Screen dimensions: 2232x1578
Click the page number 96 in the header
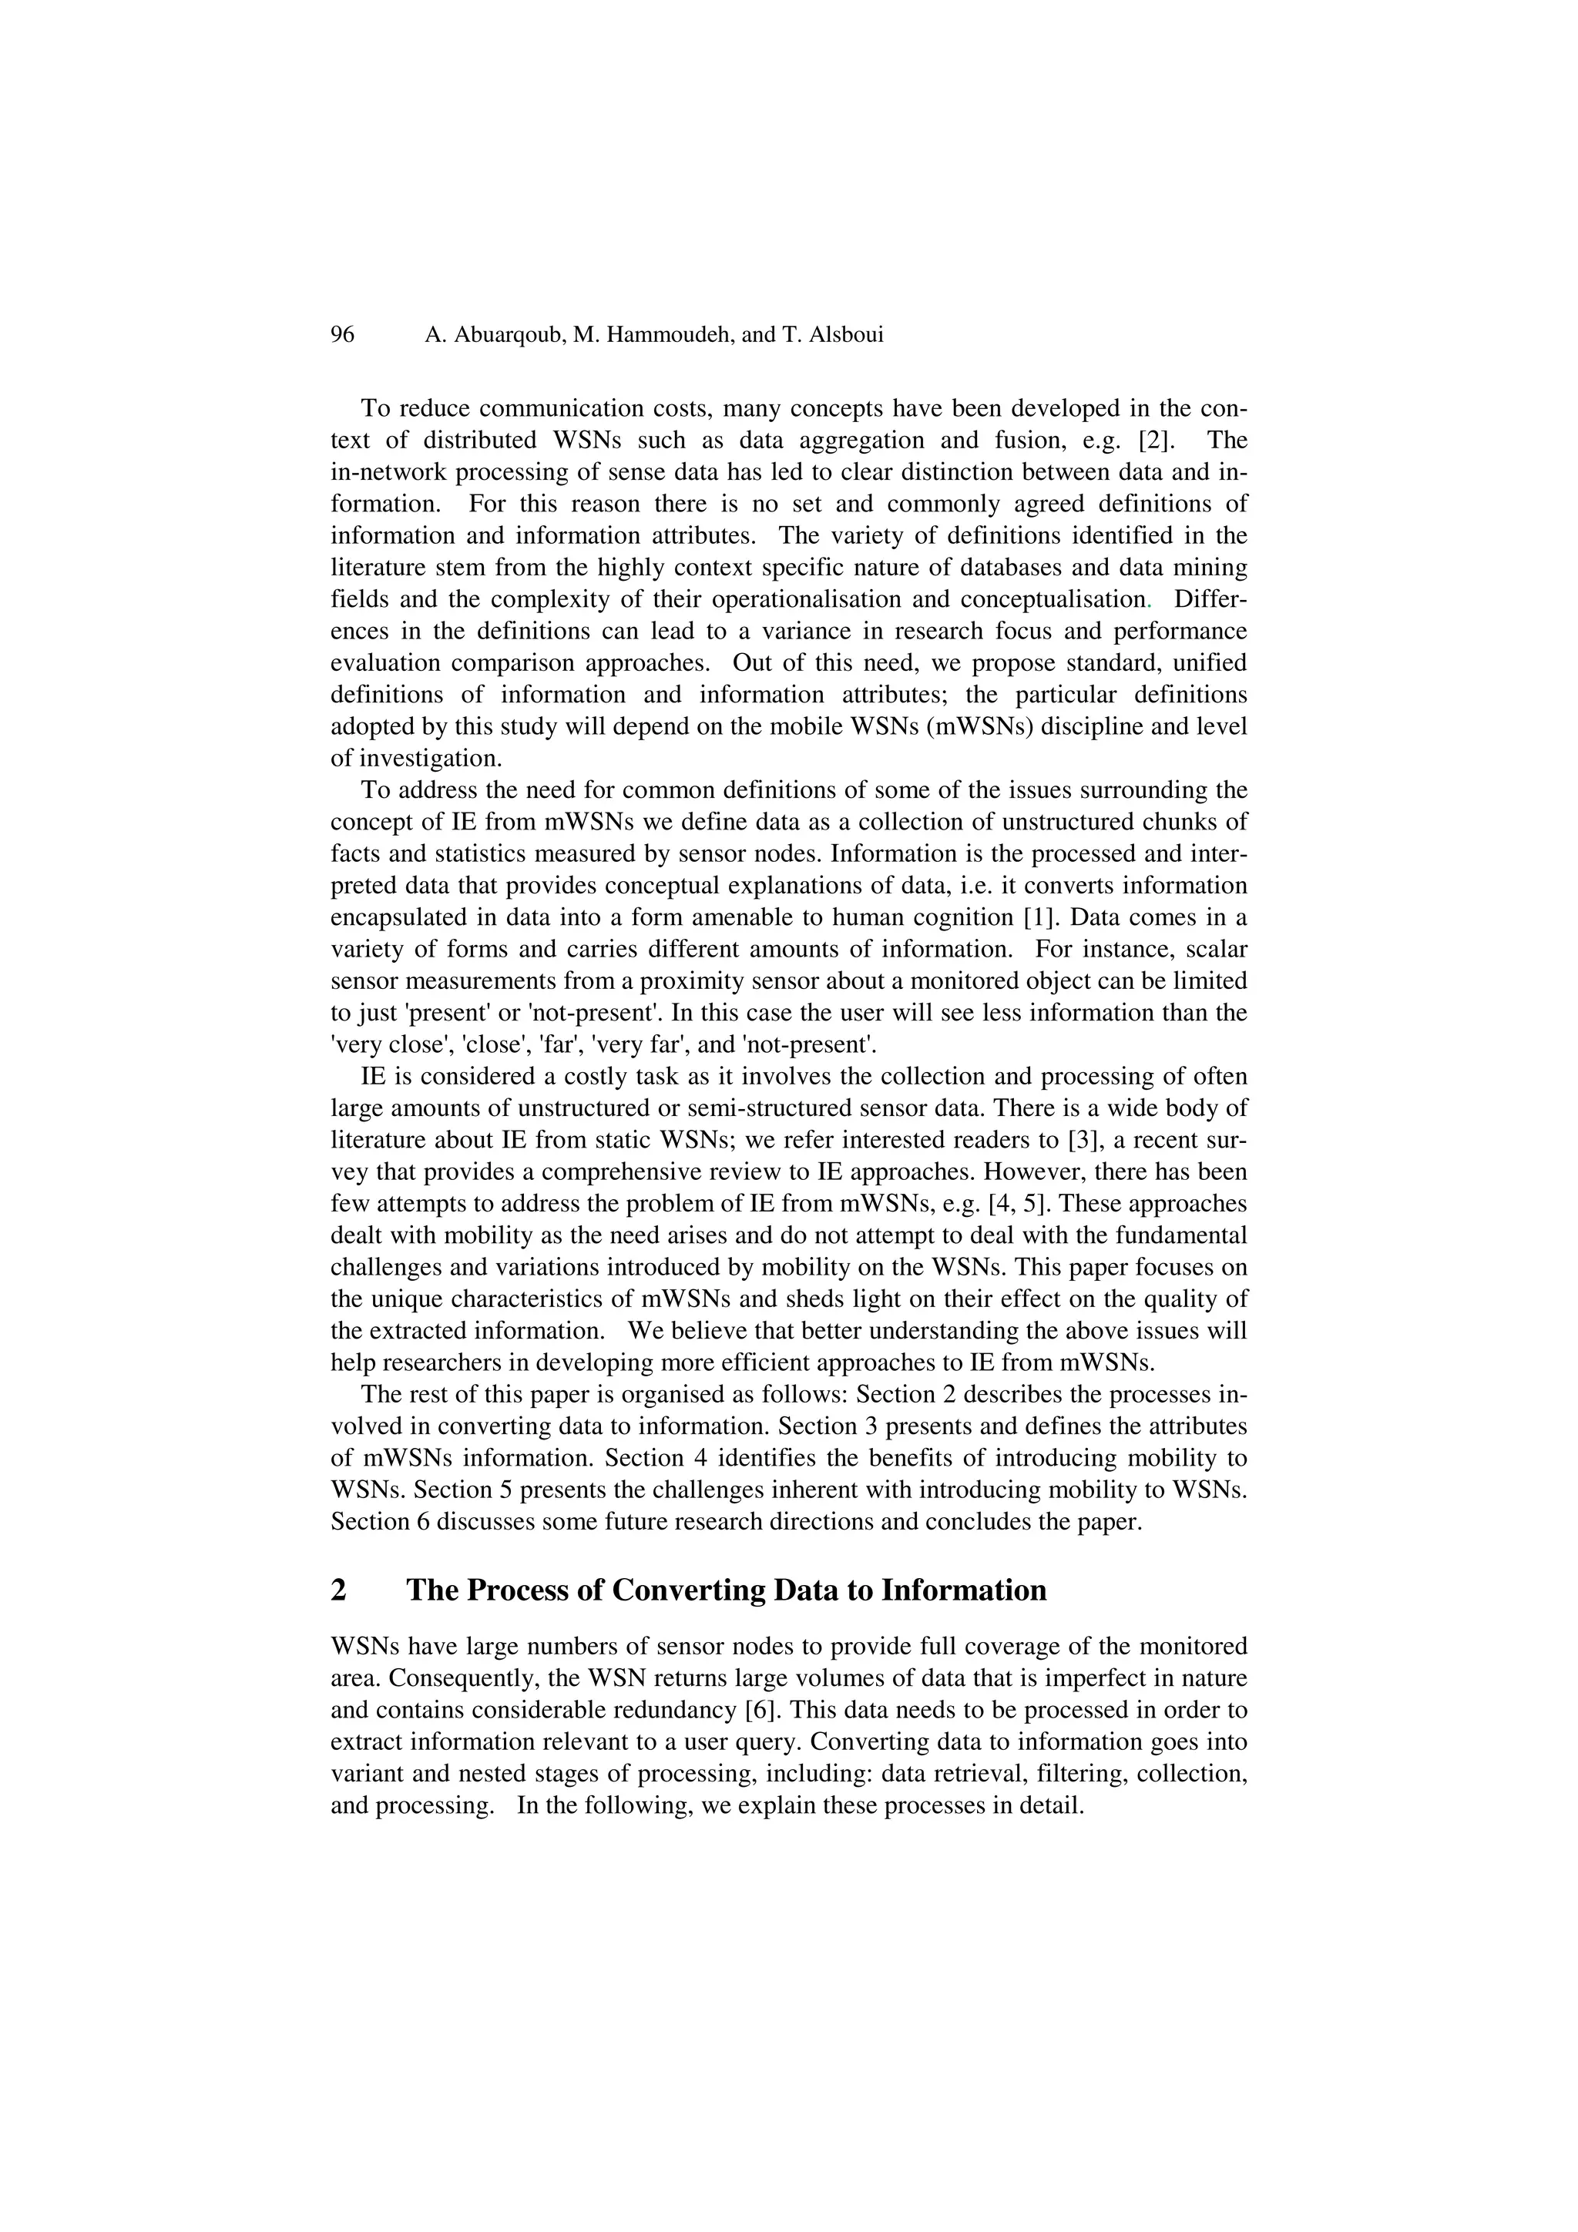(x=342, y=335)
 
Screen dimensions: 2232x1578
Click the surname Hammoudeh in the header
(x=666, y=335)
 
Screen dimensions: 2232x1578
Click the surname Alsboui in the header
(x=843, y=335)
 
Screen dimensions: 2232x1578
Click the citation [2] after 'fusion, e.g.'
(x=1156, y=441)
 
